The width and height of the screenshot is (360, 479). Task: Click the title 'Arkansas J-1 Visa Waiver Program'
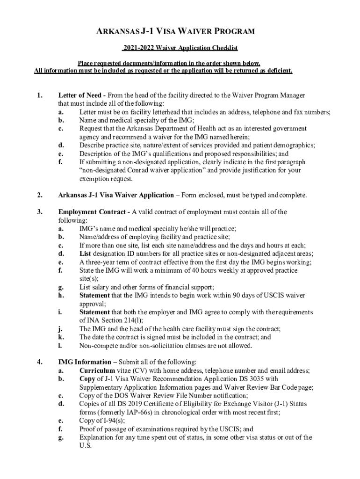click(x=180, y=32)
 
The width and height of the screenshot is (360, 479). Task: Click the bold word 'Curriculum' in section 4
click(x=97, y=370)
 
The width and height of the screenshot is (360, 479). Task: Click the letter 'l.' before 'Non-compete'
click(x=60, y=346)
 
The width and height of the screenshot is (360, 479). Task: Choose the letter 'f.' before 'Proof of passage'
click(x=61, y=429)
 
